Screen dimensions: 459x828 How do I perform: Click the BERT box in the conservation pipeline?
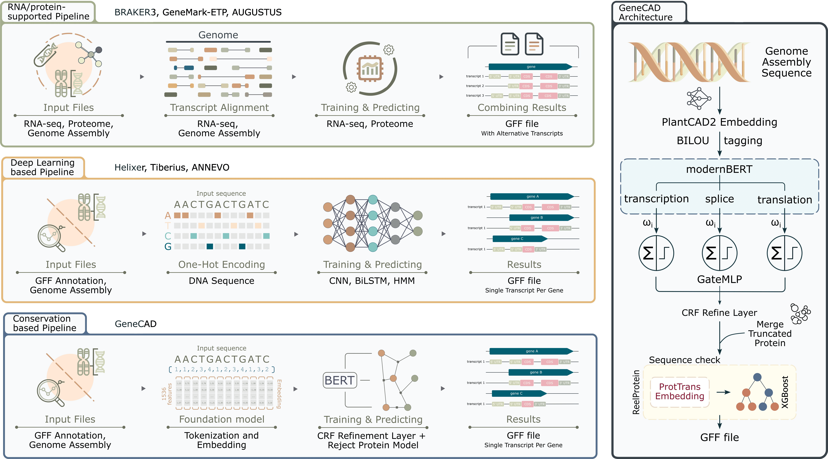pyautogui.click(x=340, y=380)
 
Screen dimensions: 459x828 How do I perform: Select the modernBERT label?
pyautogui.click(x=719, y=169)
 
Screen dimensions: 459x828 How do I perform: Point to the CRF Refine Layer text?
pyautogui.click(x=719, y=313)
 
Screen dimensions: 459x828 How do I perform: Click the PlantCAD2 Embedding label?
pyautogui.click(x=719, y=122)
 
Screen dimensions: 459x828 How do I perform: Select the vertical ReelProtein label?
pyautogui.click(x=636, y=392)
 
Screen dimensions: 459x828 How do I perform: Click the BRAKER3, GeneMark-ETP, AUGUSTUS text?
pyautogui.click(x=198, y=12)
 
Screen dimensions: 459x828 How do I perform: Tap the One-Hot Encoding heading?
pyautogui.click(x=221, y=264)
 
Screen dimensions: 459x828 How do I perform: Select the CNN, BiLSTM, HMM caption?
pyautogui.click(x=372, y=281)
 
